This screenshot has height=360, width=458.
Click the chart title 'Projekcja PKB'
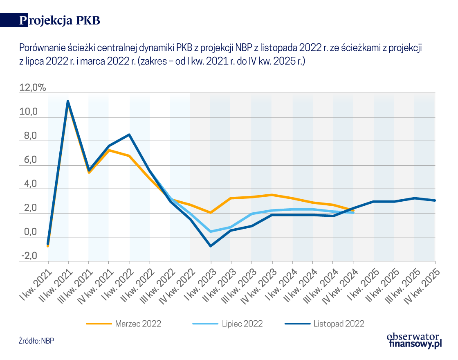(60, 21)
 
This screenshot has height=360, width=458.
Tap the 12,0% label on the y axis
(33, 88)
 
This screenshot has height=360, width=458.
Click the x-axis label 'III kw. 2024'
(321, 286)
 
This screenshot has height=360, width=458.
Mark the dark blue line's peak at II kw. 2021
(68, 101)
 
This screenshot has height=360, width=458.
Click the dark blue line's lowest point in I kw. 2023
(211, 246)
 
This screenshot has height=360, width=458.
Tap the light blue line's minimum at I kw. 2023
(211, 232)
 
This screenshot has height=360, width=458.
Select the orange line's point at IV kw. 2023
(272, 195)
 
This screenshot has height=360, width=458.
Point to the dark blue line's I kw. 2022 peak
(129, 135)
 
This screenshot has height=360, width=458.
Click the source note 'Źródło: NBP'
(37, 340)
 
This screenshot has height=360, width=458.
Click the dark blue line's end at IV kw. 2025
(435, 200)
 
